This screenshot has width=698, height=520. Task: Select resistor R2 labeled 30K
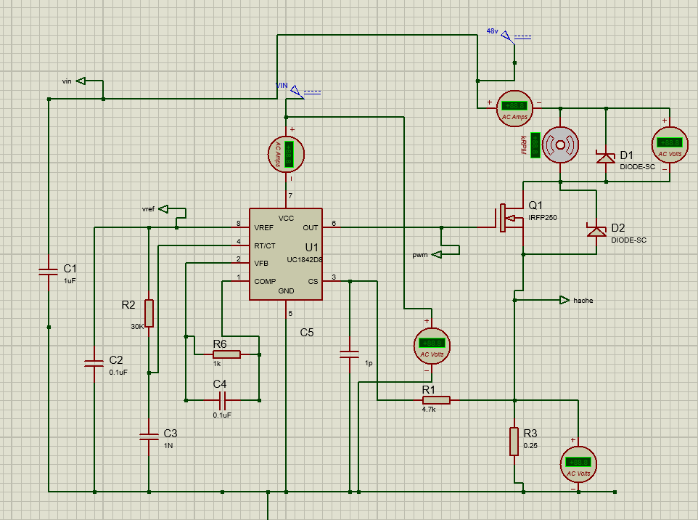(149, 312)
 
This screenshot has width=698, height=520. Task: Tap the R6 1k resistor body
(226, 354)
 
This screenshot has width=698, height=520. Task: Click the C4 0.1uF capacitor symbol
(222, 399)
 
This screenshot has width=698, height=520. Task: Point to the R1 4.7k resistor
(436, 399)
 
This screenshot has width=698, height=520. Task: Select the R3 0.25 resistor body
(514, 440)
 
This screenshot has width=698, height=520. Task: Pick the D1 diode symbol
(605, 158)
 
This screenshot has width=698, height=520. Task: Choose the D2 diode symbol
(596, 230)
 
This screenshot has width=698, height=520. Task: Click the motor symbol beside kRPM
(561, 145)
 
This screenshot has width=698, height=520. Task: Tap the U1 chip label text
(311, 247)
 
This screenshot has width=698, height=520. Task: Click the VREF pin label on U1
(263, 227)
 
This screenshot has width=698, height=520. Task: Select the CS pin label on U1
(313, 281)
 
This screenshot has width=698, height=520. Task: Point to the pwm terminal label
(420, 255)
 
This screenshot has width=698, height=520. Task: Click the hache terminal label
(583, 300)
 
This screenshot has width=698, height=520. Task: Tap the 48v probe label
(493, 31)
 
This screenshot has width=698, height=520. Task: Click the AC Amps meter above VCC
(287, 153)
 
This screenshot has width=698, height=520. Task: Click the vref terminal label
(148, 209)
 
